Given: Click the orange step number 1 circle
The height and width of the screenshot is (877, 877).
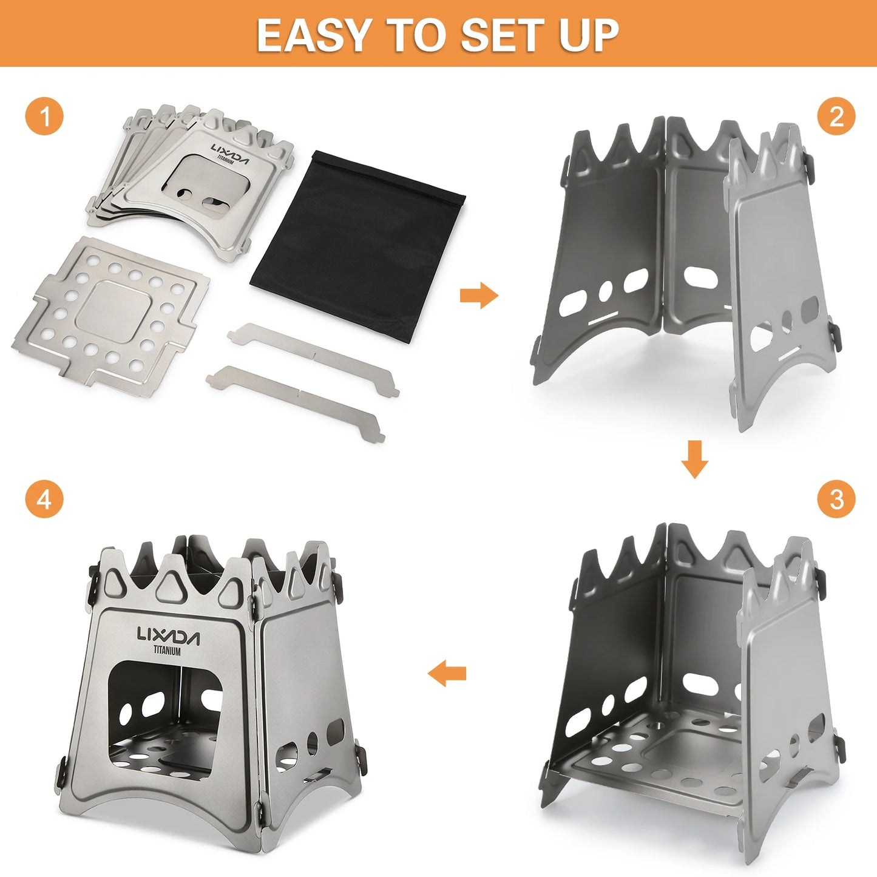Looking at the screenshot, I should point(44,115).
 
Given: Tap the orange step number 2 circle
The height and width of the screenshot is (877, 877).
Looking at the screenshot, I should point(836,115).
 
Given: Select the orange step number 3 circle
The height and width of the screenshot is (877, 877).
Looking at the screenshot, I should point(836,499).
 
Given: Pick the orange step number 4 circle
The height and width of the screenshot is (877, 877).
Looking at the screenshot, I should point(44,499).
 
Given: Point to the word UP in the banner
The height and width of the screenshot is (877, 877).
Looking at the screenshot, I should point(589,35).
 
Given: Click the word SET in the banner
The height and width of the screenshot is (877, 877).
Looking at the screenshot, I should point(501,35).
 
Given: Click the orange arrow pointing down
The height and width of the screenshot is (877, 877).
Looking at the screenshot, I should point(694,459).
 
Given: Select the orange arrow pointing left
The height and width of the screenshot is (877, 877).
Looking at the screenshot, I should point(447,673).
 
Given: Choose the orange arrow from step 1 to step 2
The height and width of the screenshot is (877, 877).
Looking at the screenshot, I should point(479,296).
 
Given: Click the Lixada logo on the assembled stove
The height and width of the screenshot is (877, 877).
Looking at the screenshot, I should point(168,635).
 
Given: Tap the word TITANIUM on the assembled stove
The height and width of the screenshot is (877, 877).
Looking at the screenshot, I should point(167,651).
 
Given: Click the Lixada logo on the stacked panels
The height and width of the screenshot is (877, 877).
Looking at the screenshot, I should point(230,152).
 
